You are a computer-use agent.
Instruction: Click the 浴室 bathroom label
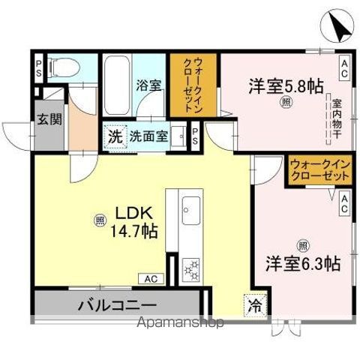point(148,85)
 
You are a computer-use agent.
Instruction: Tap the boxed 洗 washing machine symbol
point(115,136)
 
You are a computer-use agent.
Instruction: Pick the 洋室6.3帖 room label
point(302,263)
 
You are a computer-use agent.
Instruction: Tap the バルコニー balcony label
point(117,305)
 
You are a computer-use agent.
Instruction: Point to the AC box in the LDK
point(150,279)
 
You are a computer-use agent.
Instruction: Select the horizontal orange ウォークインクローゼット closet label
point(320,170)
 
